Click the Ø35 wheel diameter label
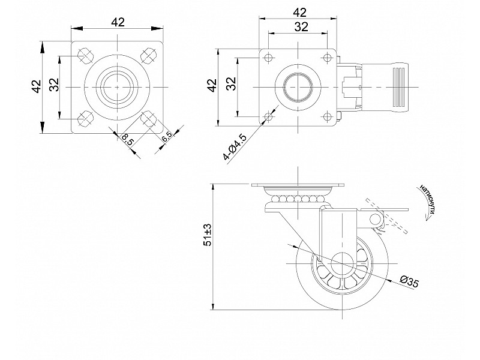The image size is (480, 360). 409,281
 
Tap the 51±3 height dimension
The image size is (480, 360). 208,235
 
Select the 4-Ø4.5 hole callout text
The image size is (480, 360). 235,147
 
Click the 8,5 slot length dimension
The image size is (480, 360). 128,139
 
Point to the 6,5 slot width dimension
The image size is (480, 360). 167,137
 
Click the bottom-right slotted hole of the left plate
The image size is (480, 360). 149,118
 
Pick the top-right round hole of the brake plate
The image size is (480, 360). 327,58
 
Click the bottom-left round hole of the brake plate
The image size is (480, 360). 268,116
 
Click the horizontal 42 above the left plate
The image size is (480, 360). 118,22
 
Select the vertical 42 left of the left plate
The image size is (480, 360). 37,86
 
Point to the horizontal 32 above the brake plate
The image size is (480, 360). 301,27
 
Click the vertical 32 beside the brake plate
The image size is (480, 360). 232,83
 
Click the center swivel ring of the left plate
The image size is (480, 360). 117,87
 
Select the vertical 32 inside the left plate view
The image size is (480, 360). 53,85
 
